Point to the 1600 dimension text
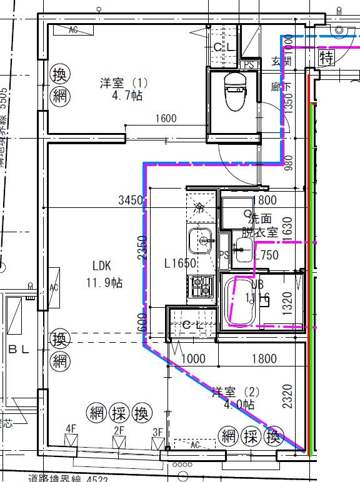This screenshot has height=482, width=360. click(166, 118)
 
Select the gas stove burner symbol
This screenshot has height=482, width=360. click(201, 286)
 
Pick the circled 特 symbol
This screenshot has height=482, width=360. click(326, 58)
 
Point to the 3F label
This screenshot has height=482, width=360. click(157, 432)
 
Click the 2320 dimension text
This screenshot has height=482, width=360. click(287, 396)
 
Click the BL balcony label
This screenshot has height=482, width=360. click(18, 350)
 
